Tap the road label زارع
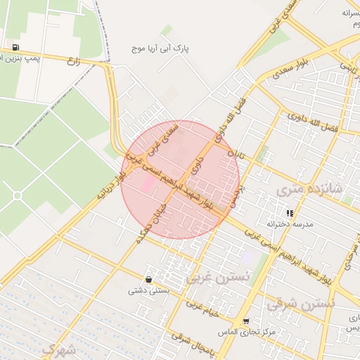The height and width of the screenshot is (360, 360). tap(74, 62)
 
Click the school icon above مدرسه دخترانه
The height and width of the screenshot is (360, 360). tap(289, 213)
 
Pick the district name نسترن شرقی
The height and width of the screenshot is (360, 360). tap(301, 304)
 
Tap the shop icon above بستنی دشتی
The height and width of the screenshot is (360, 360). tap(148, 279)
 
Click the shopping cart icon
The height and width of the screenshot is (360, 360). tap(246, 321)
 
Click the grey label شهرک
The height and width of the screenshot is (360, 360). tap(58, 349)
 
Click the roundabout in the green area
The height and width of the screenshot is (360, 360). tap(18, 195)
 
